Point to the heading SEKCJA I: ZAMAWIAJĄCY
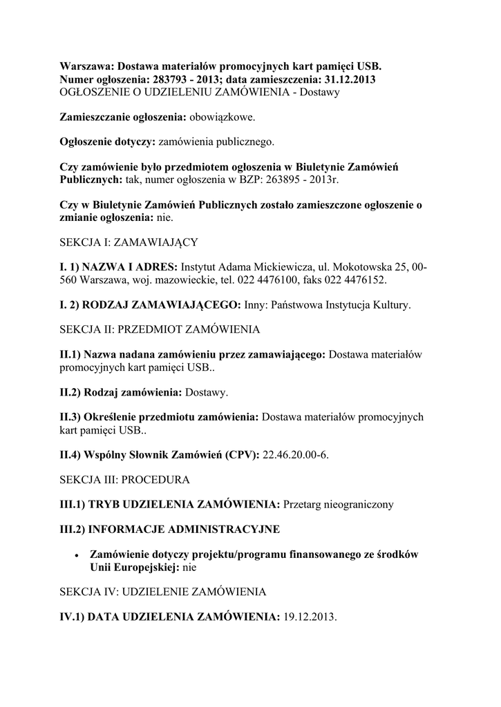pyautogui.click(x=129, y=242)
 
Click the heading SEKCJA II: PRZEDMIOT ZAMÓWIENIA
pyautogui.click(x=160, y=329)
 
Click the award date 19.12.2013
pyautogui.click(x=309, y=617)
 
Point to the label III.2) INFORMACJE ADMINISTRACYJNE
pyautogui.click(x=170, y=529)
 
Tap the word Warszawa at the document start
pyautogui.click(x=86, y=67)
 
